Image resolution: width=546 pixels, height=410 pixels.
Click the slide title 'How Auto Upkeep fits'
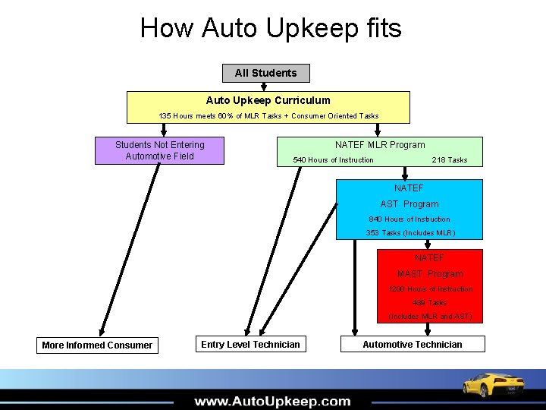click(271, 28)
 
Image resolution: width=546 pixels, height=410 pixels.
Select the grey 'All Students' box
click(265, 73)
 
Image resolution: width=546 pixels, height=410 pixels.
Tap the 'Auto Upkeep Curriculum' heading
click(268, 100)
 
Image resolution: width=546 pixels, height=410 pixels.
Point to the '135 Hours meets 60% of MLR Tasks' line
click(268, 115)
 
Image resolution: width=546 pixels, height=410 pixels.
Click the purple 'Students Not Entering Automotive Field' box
click(159, 150)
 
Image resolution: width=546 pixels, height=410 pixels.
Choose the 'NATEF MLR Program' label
click(380, 144)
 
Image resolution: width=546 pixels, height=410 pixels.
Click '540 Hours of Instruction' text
click(333, 159)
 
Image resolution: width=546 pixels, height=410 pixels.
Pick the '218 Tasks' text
click(449, 159)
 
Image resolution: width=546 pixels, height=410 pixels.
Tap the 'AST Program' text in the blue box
click(409, 203)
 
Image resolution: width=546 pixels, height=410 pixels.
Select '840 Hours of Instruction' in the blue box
click(409, 219)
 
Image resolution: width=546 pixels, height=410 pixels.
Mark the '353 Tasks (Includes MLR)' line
click(410, 232)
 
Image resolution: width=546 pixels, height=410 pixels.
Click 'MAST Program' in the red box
click(429, 273)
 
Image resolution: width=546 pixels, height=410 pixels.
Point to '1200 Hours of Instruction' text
click(430, 289)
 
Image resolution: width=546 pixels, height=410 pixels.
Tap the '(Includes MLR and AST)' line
click(430, 316)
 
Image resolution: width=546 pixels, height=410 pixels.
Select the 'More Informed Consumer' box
click(97, 345)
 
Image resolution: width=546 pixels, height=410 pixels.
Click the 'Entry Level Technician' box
click(250, 344)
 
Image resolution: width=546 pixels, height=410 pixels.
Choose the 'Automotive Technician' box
click(412, 344)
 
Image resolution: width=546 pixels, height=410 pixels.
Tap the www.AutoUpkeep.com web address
click(272, 401)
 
